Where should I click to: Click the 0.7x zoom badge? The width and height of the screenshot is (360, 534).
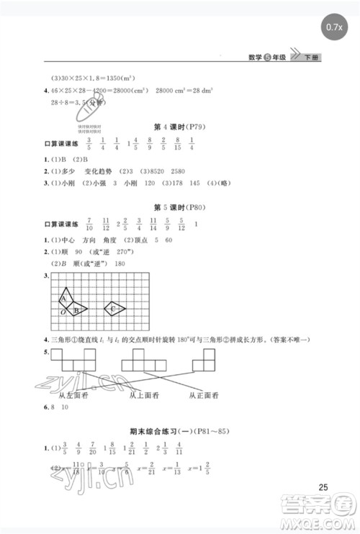[x=334, y=27]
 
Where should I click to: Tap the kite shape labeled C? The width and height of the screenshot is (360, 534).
[x=114, y=309]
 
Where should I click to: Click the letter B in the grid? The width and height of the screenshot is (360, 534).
[x=76, y=310]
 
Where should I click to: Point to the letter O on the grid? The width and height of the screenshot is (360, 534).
[x=63, y=312]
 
